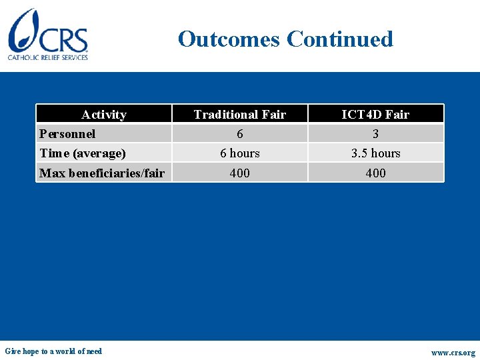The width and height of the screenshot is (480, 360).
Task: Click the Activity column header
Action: [x=103, y=115]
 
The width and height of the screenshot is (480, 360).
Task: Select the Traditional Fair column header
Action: [x=239, y=115]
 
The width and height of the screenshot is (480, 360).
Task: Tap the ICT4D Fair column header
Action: [x=375, y=115]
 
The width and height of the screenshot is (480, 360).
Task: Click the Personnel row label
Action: [x=67, y=134]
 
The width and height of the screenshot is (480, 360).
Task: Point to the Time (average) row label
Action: [x=83, y=153]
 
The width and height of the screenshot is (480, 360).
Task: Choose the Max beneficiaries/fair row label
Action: [x=102, y=173]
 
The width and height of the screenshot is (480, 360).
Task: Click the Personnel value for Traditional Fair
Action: [x=240, y=134]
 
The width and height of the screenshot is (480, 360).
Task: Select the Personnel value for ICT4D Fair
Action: [x=375, y=134]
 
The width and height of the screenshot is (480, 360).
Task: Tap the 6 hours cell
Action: [x=240, y=153]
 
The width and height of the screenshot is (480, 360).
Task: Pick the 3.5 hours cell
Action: [x=376, y=153]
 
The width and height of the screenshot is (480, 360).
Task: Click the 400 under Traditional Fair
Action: [x=240, y=173]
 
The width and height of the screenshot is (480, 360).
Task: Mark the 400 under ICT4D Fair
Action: [x=376, y=173]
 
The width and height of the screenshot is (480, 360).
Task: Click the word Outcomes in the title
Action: [x=229, y=39]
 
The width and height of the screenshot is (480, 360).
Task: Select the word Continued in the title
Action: [x=340, y=39]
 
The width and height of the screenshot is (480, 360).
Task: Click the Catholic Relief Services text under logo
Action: [x=48, y=58]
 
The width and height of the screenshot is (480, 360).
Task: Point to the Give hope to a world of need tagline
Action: [x=53, y=351]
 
